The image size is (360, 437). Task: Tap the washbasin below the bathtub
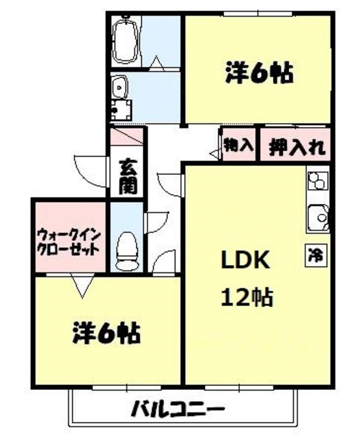point(120,88)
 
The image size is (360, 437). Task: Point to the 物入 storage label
point(238,145)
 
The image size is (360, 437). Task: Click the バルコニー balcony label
point(178,410)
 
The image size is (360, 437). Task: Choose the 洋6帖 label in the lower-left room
point(107,334)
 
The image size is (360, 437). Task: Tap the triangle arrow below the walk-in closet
point(83,286)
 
